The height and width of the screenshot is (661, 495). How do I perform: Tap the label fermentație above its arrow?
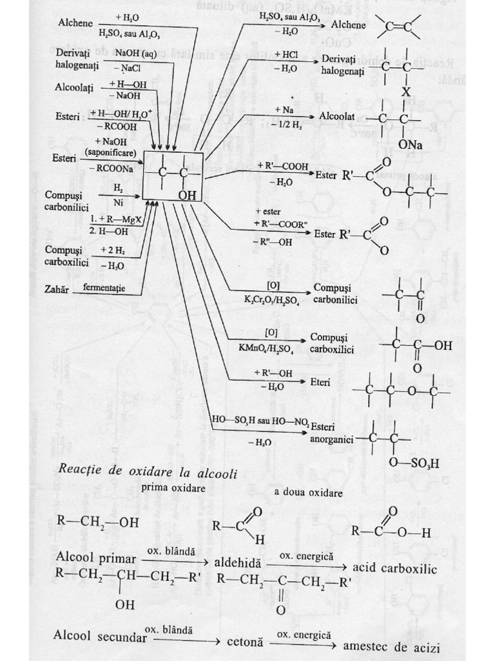click(x=104, y=286)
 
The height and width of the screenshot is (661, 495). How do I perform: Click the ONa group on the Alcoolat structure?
click(x=410, y=146)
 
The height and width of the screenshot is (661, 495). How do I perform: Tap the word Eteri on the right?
click(x=320, y=383)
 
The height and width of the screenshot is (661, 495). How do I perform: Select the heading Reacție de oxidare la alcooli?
click(x=148, y=473)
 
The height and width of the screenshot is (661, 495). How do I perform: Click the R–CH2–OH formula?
click(x=98, y=522)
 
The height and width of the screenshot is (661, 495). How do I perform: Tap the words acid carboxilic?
click(x=396, y=569)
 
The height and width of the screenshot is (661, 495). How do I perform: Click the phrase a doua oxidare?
click(x=307, y=492)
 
